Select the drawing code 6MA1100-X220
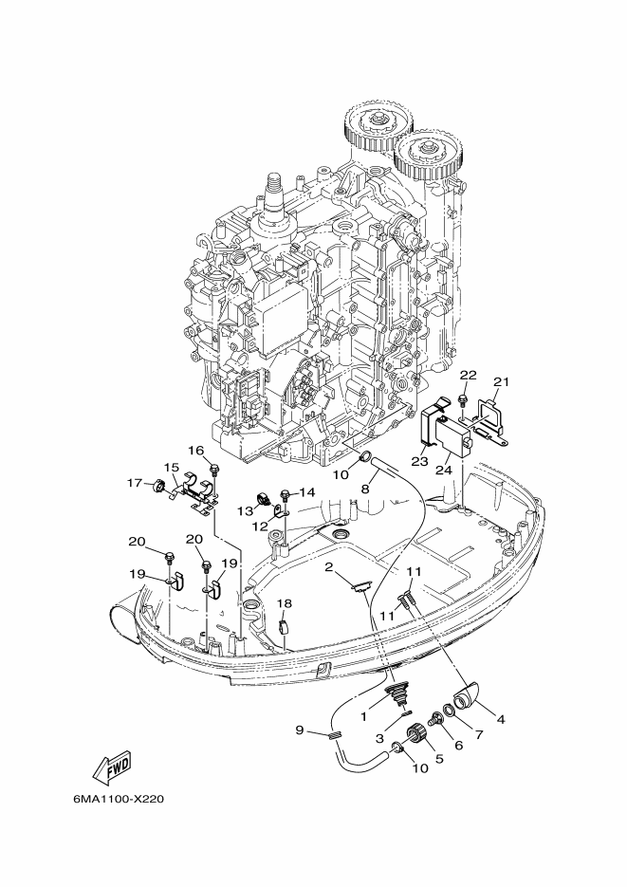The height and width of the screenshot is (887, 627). [118, 800]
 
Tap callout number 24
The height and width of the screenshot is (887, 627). [444, 471]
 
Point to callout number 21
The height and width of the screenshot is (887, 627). [501, 382]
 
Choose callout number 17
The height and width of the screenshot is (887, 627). [134, 483]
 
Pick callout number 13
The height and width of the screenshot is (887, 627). [245, 510]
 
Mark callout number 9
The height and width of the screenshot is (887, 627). [300, 730]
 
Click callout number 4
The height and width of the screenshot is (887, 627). [500, 719]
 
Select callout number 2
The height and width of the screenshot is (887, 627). [328, 566]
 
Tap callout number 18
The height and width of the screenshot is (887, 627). [285, 603]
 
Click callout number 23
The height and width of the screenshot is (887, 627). [419, 462]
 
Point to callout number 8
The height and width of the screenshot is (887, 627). [365, 489]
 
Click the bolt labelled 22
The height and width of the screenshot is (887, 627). [463, 401]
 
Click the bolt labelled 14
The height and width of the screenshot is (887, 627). [285, 495]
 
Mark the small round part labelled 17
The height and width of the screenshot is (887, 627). [158, 486]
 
